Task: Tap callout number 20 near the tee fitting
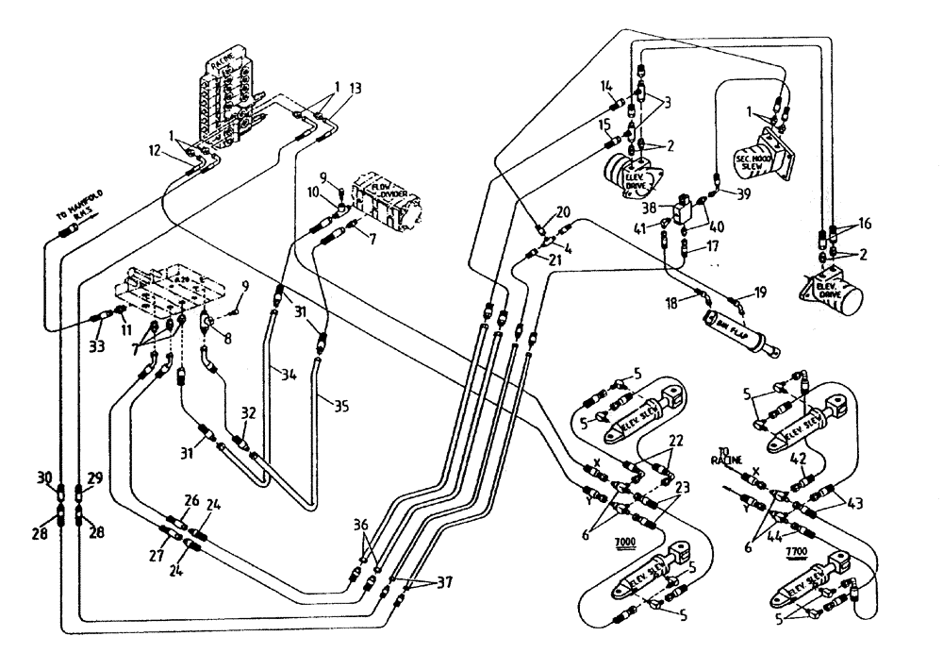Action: [x=564, y=211]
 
